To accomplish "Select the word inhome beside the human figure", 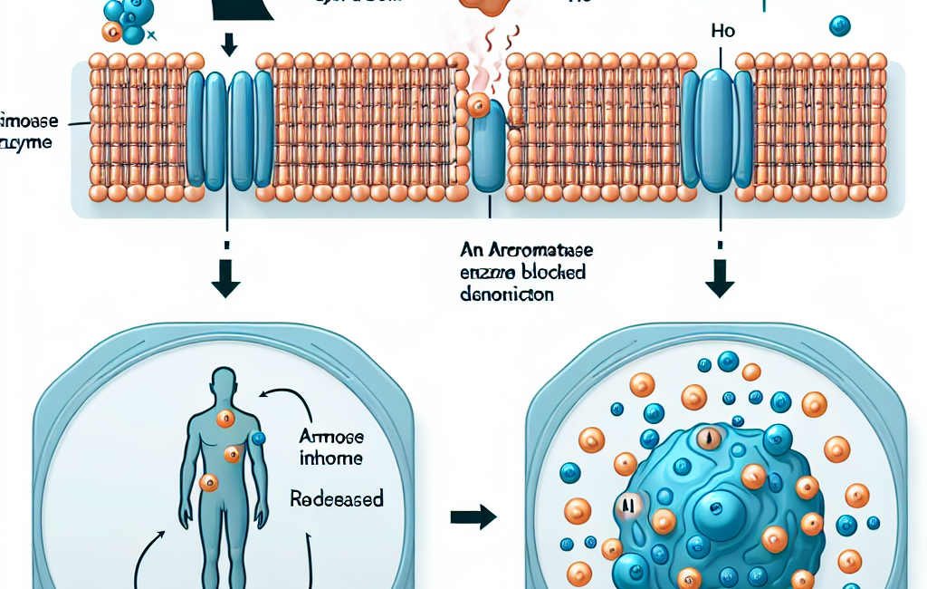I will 333,459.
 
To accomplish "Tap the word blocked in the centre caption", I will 550,272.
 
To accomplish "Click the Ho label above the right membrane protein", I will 723,32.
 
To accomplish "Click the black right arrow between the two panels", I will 473,517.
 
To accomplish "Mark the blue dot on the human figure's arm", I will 259,439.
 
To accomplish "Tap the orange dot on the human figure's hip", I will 208,482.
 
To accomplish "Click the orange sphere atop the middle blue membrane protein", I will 479,108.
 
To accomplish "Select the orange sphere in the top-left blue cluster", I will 112,33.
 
